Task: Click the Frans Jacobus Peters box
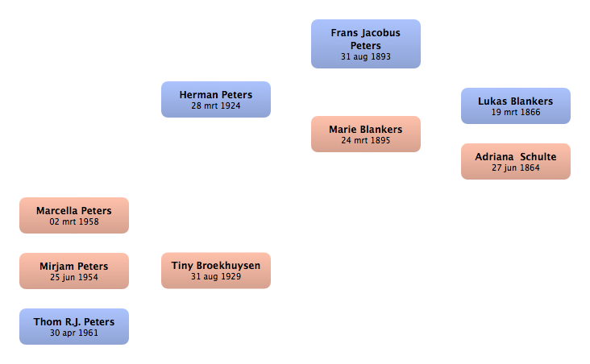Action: click(366, 44)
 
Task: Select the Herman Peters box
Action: click(216, 100)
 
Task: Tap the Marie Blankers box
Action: click(366, 134)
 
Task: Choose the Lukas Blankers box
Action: click(516, 106)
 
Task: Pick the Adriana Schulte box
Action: click(516, 161)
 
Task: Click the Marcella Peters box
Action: click(74, 216)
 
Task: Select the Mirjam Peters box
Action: click(74, 271)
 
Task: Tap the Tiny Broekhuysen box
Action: click(216, 271)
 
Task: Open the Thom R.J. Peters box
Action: click(74, 327)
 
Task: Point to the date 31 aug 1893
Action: click(366, 57)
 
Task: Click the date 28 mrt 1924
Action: click(216, 106)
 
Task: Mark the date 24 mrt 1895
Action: click(366, 141)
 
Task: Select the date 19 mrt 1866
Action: click(516, 113)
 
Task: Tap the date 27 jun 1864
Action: click(516, 168)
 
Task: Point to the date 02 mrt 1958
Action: click(74, 221)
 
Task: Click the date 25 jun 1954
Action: click(74, 278)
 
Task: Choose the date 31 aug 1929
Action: click(216, 277)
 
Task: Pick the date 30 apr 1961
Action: click(74, 333)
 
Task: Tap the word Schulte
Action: click(538, 157)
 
